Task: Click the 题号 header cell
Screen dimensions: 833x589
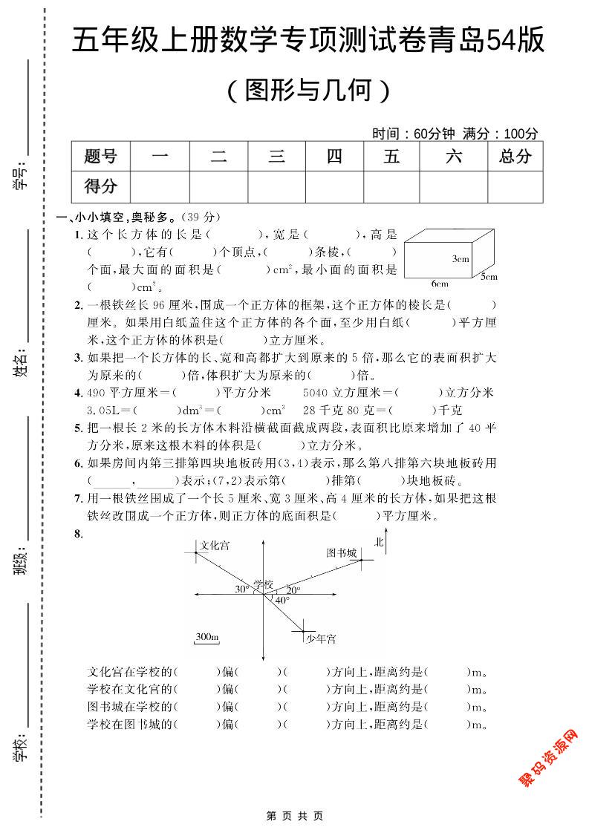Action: pos(100,157)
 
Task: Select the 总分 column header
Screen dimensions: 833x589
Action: pos(515,157)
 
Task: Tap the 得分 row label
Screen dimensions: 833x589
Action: pos(100,186)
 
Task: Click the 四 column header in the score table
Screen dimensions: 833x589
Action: pos(334,157)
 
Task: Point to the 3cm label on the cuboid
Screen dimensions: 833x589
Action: pos(460,259)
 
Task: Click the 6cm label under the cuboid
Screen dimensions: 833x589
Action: pos(440,284)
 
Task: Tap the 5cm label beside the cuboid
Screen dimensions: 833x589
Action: pos(487,277)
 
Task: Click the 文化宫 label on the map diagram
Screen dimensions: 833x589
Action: pos(215,546)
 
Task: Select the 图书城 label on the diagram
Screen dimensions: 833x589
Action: pos(342,552)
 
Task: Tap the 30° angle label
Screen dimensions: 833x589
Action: pos(241,589)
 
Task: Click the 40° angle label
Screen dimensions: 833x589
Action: pos(282,600)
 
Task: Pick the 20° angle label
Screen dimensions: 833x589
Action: pos(294,589)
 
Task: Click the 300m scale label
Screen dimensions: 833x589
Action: pos(207,637)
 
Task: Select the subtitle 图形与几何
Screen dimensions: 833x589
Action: pos(307,91)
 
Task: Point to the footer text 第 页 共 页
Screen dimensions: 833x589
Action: pos(294,815)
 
